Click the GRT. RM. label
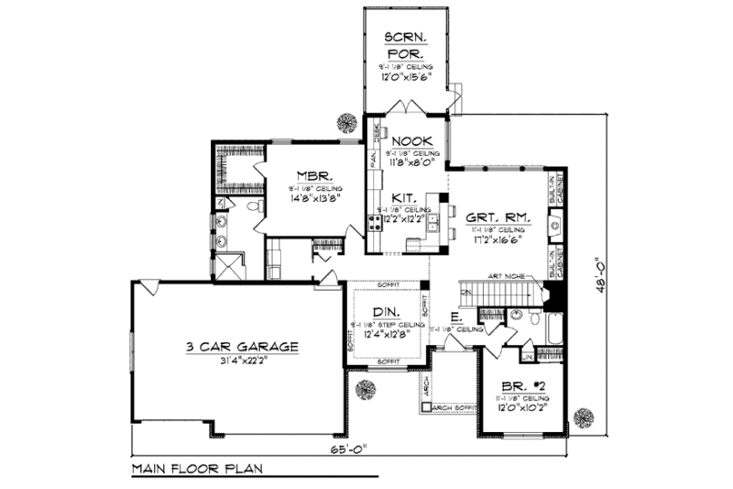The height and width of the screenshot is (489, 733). pos(495,217)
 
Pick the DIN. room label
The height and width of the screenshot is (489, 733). pos(387,312)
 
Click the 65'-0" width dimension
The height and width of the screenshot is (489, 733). pos(349,450)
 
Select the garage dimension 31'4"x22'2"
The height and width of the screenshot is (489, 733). pos(242,360)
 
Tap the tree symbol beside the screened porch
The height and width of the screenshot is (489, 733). pos(347,122)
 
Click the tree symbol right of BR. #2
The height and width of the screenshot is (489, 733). pos(583,418)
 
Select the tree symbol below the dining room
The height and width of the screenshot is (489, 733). pos(364,390)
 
